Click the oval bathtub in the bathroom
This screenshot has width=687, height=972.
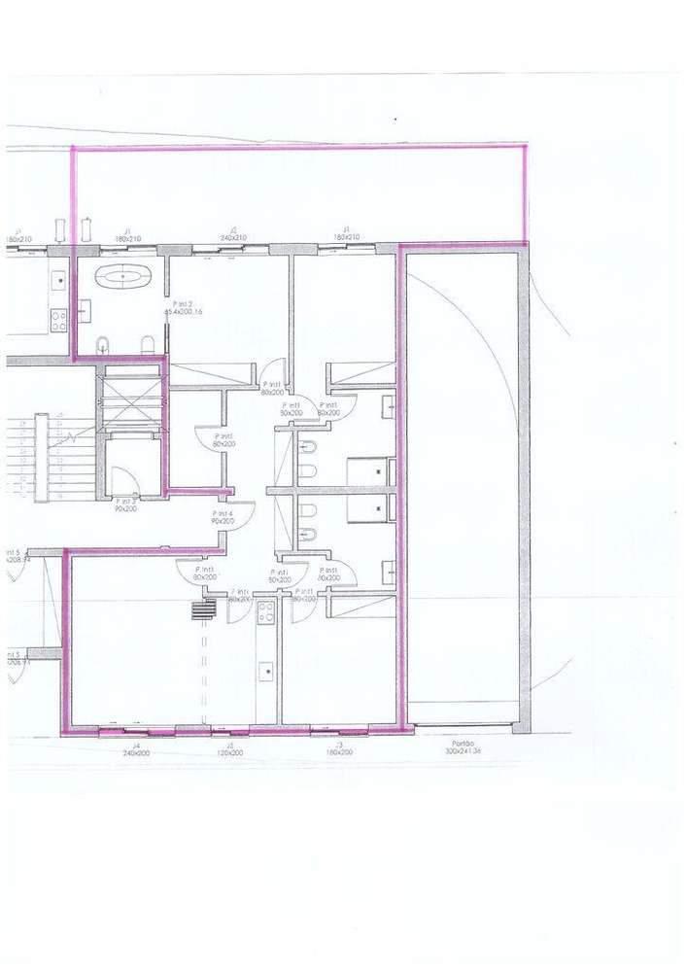pyautogui.click(x=124, y=276)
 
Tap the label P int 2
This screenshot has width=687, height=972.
pyautogui.click(x=185, y=305)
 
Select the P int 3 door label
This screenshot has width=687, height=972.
pyautogui.click(x=125, y=501)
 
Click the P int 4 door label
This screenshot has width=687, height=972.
pyautogui.click(x=223, y=514)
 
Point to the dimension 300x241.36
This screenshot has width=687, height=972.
pyautogui.click(x=464, y=752)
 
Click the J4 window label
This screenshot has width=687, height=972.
pyautogui.click(x=136, y=746)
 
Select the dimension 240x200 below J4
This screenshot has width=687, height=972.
pyautogui.click(x=136, y=753)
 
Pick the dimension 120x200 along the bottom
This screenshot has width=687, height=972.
pyautogui.click(x=230, y=753)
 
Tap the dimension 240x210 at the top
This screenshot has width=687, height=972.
pyautogui.click(x=233, y=238)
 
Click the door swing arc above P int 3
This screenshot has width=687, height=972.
pyautogui.click(x=124, y=481)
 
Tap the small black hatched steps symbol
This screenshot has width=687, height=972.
pyautogui.click(x=202, y=608)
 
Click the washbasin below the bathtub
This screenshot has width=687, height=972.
pyautogui.click(x=85, y=311)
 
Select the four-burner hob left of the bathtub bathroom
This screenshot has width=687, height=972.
pyautogui.click(x=58, y=319)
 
